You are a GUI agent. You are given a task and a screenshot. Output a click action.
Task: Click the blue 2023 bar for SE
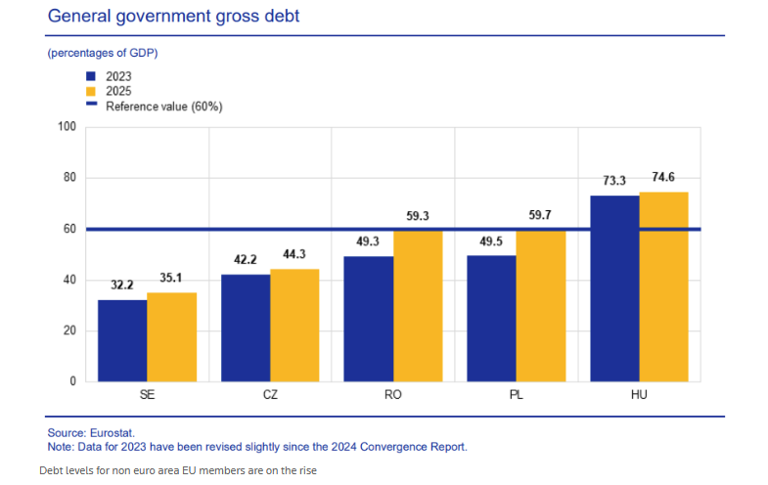pyautogui.click(x=122, y=340)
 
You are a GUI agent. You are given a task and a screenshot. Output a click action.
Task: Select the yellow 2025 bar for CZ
pyautogui.click(x=294, y=326)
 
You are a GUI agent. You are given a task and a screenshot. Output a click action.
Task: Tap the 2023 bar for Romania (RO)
pyautogui.click(x=368, y=319)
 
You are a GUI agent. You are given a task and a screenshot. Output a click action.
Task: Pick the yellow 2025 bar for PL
pyautogui.click(x=541, y=306)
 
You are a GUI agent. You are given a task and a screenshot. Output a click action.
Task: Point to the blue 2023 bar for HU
pyautogui.click(x=614, y=288)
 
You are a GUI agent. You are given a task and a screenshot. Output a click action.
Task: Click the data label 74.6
pyautogui.click(x=663, y=177)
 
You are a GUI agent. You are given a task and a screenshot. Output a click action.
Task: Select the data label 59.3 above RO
pyautogui.click(x=418, y=216)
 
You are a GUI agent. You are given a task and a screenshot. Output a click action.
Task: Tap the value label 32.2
pyautogui.click(x=122, y=285)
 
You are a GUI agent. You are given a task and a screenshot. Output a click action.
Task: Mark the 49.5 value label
pyautogui.click(x=491, y=242)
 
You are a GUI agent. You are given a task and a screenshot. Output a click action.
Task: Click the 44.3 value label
pyautogui.click(x=294, y=254)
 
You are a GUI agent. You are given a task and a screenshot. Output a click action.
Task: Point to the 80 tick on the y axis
pyautogui.click(x=70, y=178)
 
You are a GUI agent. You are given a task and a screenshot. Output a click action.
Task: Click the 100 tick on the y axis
pyautogui.click(x=68, y=127)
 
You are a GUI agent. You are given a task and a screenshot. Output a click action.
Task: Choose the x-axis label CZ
pyautogui.click(x=270, y=395)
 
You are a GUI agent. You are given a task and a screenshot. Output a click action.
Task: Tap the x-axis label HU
pyautogui.click(x=639, y=395)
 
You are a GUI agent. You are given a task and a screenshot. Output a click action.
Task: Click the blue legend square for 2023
pyautogui.click(x=91, y=76)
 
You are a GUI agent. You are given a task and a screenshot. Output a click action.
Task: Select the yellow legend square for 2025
pyautogui.click(x=91, y=92)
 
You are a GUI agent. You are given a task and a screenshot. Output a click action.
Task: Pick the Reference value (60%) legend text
pyautogui.click(x=164, y=107)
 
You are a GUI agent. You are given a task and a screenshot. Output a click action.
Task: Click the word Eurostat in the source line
pyautogui.click(x=113, y=433)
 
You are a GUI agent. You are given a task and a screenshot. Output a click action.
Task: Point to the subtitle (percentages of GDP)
pyautogui.click(x=103, y=53)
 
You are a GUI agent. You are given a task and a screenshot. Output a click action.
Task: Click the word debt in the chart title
pyautogui.click(x=282, y=17)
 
